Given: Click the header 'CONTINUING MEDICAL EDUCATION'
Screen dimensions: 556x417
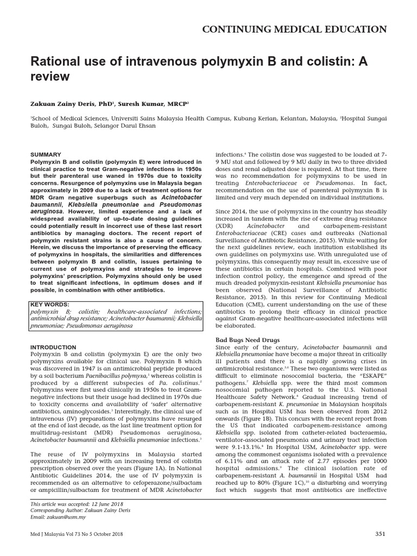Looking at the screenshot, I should click(x=294, y=29).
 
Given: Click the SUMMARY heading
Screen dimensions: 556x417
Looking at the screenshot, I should click(x=46, y=155).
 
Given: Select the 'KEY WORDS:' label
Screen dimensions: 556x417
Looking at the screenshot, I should click(x=50, y=305).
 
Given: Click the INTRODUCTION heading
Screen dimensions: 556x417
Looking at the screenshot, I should click(x=53, y=347).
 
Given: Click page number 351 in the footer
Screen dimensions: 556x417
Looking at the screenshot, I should click(x=380, y=534).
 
